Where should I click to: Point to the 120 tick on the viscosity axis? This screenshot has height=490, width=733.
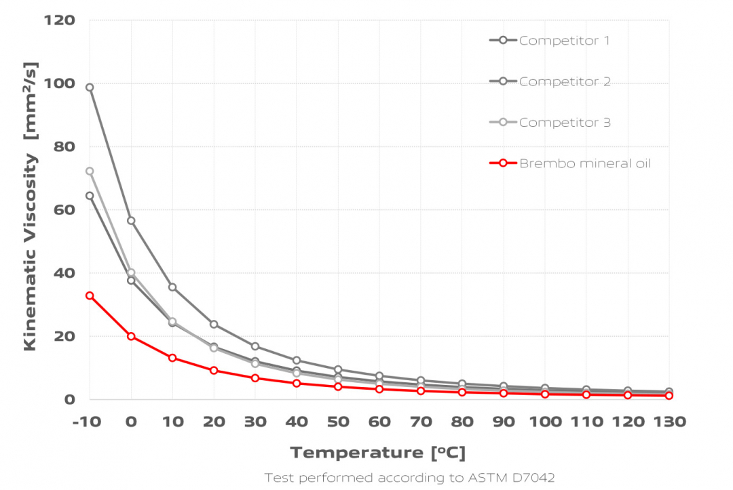[59, 20]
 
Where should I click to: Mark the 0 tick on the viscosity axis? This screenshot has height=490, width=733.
[69, 400]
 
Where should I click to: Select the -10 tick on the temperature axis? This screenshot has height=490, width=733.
[86, 422]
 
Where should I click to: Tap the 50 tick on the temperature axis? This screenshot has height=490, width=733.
[338, 422]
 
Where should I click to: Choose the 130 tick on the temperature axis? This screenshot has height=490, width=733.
[669, 422]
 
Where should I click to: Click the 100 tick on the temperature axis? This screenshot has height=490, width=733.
[545, 422]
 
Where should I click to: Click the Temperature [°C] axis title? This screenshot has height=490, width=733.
[378, 453]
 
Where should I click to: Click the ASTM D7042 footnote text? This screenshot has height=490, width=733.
[409, 478]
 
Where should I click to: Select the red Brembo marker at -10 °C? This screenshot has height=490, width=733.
[90, 295]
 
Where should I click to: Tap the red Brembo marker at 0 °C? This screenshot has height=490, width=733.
[131, 336]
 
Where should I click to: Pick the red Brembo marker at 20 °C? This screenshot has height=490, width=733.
[214, 371]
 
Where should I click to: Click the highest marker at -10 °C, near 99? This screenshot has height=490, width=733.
[90, 87]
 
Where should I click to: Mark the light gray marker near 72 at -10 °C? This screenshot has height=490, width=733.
[90, 171]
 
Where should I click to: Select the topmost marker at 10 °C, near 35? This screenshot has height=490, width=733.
[172, 287]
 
